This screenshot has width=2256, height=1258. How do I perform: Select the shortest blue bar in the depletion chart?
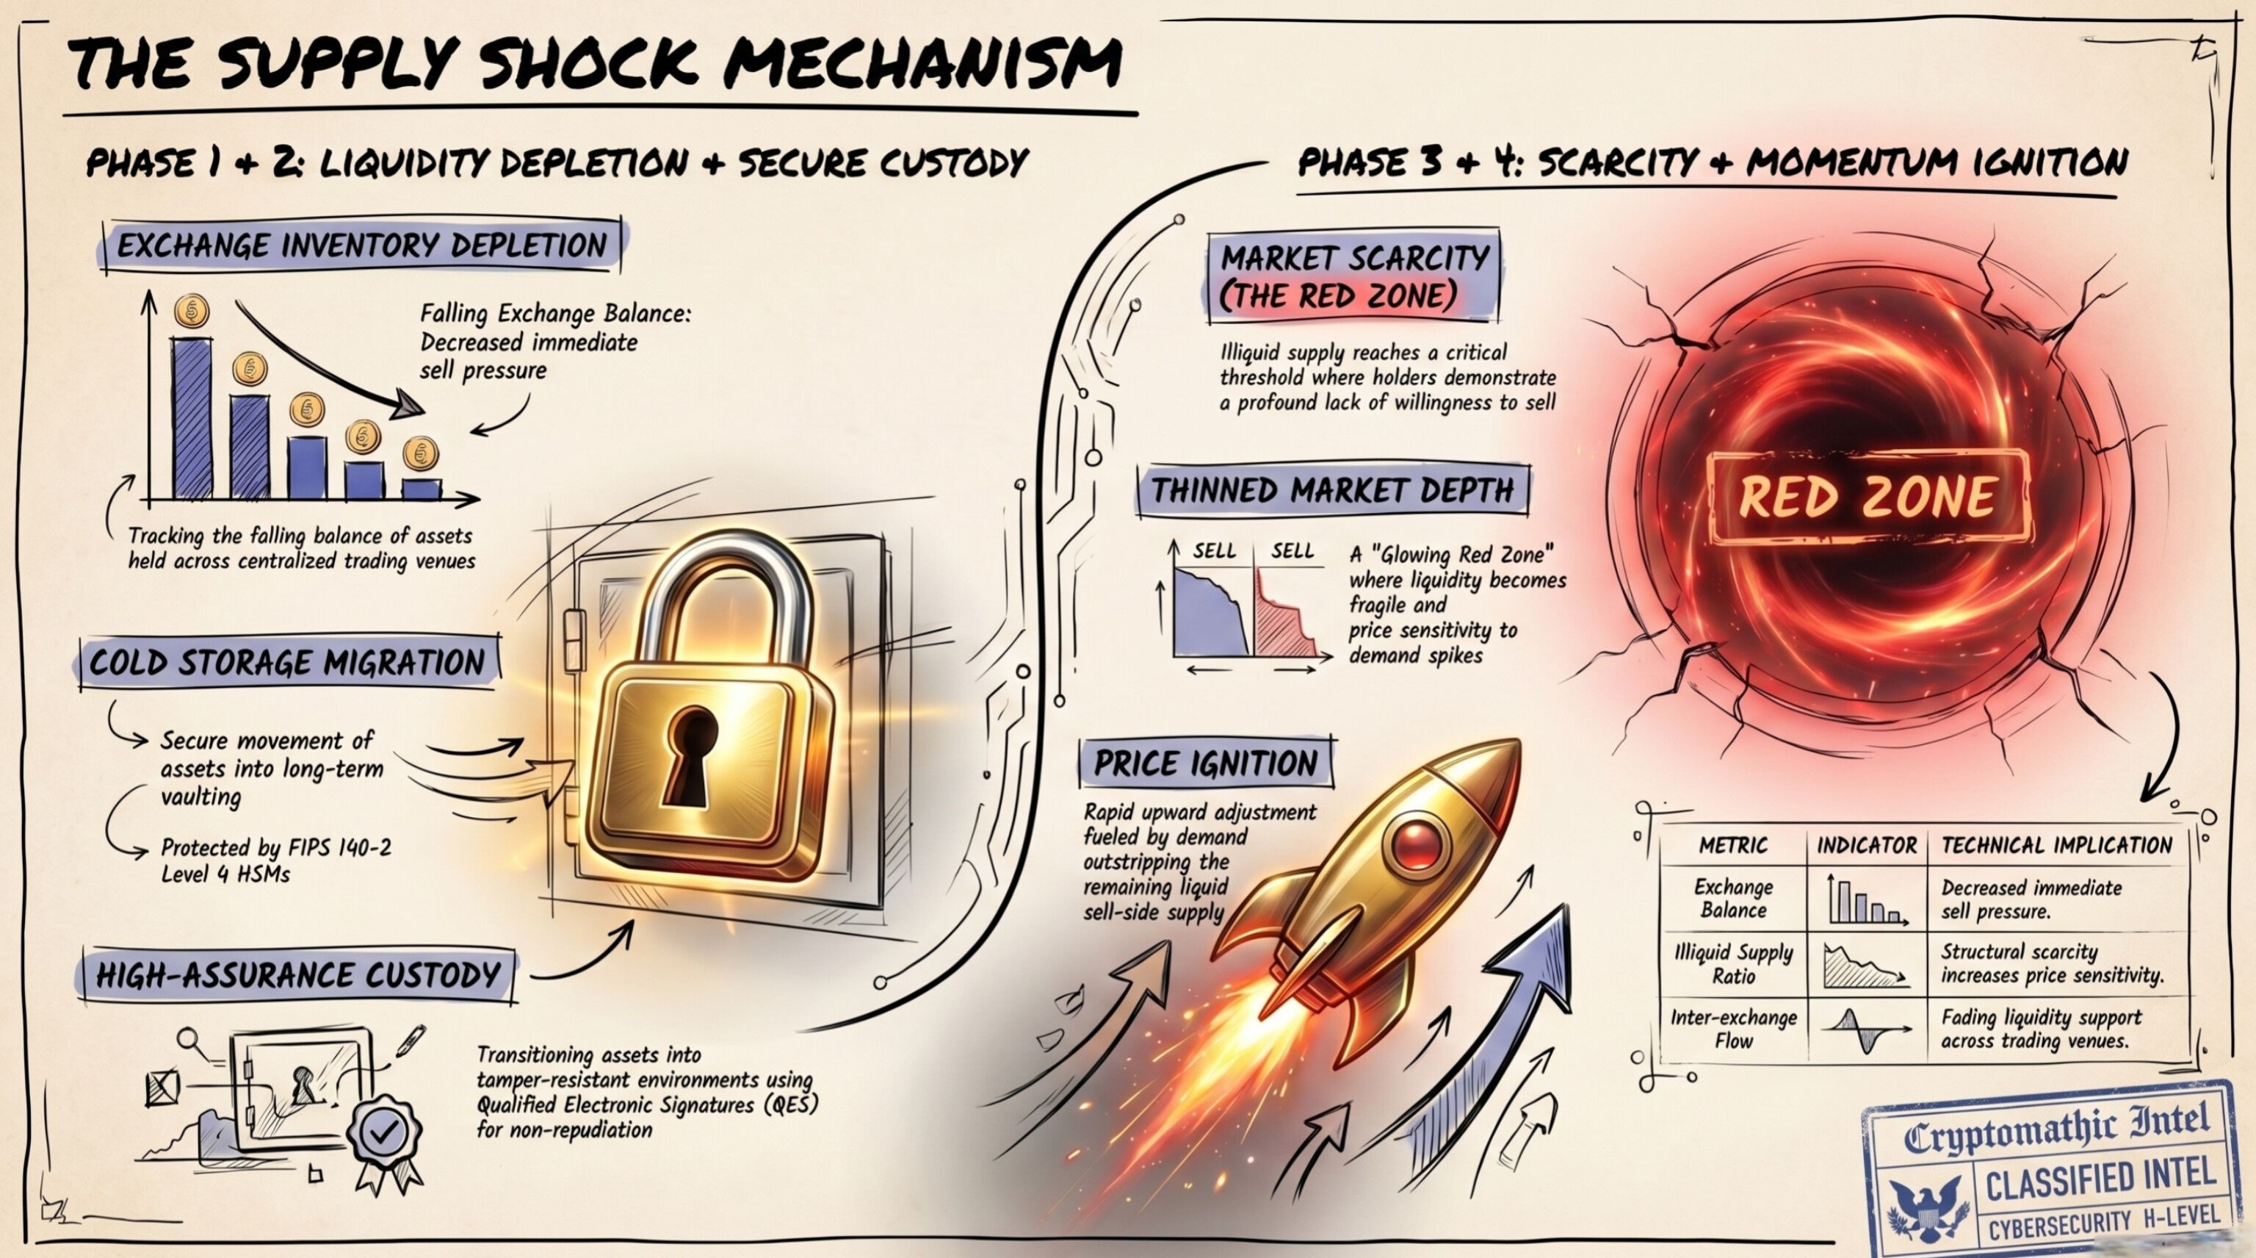tap(422, 488)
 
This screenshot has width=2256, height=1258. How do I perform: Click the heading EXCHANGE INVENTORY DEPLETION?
tap(362, 245)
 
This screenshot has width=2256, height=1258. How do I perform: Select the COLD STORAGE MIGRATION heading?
tap(287, 662)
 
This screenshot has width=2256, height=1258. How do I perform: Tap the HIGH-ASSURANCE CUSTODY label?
tap(297, 974)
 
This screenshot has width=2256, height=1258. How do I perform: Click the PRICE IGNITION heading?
tap(1206, 763)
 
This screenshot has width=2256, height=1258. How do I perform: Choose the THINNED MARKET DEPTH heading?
tap(1332, 489)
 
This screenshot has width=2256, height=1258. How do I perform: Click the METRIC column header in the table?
tap(1733, 845)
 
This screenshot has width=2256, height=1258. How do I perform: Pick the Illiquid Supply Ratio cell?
tap(1733, 963)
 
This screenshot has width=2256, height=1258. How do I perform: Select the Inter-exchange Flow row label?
tap(1733, 1029)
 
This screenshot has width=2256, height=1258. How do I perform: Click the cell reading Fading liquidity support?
tap(2041, 1029)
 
